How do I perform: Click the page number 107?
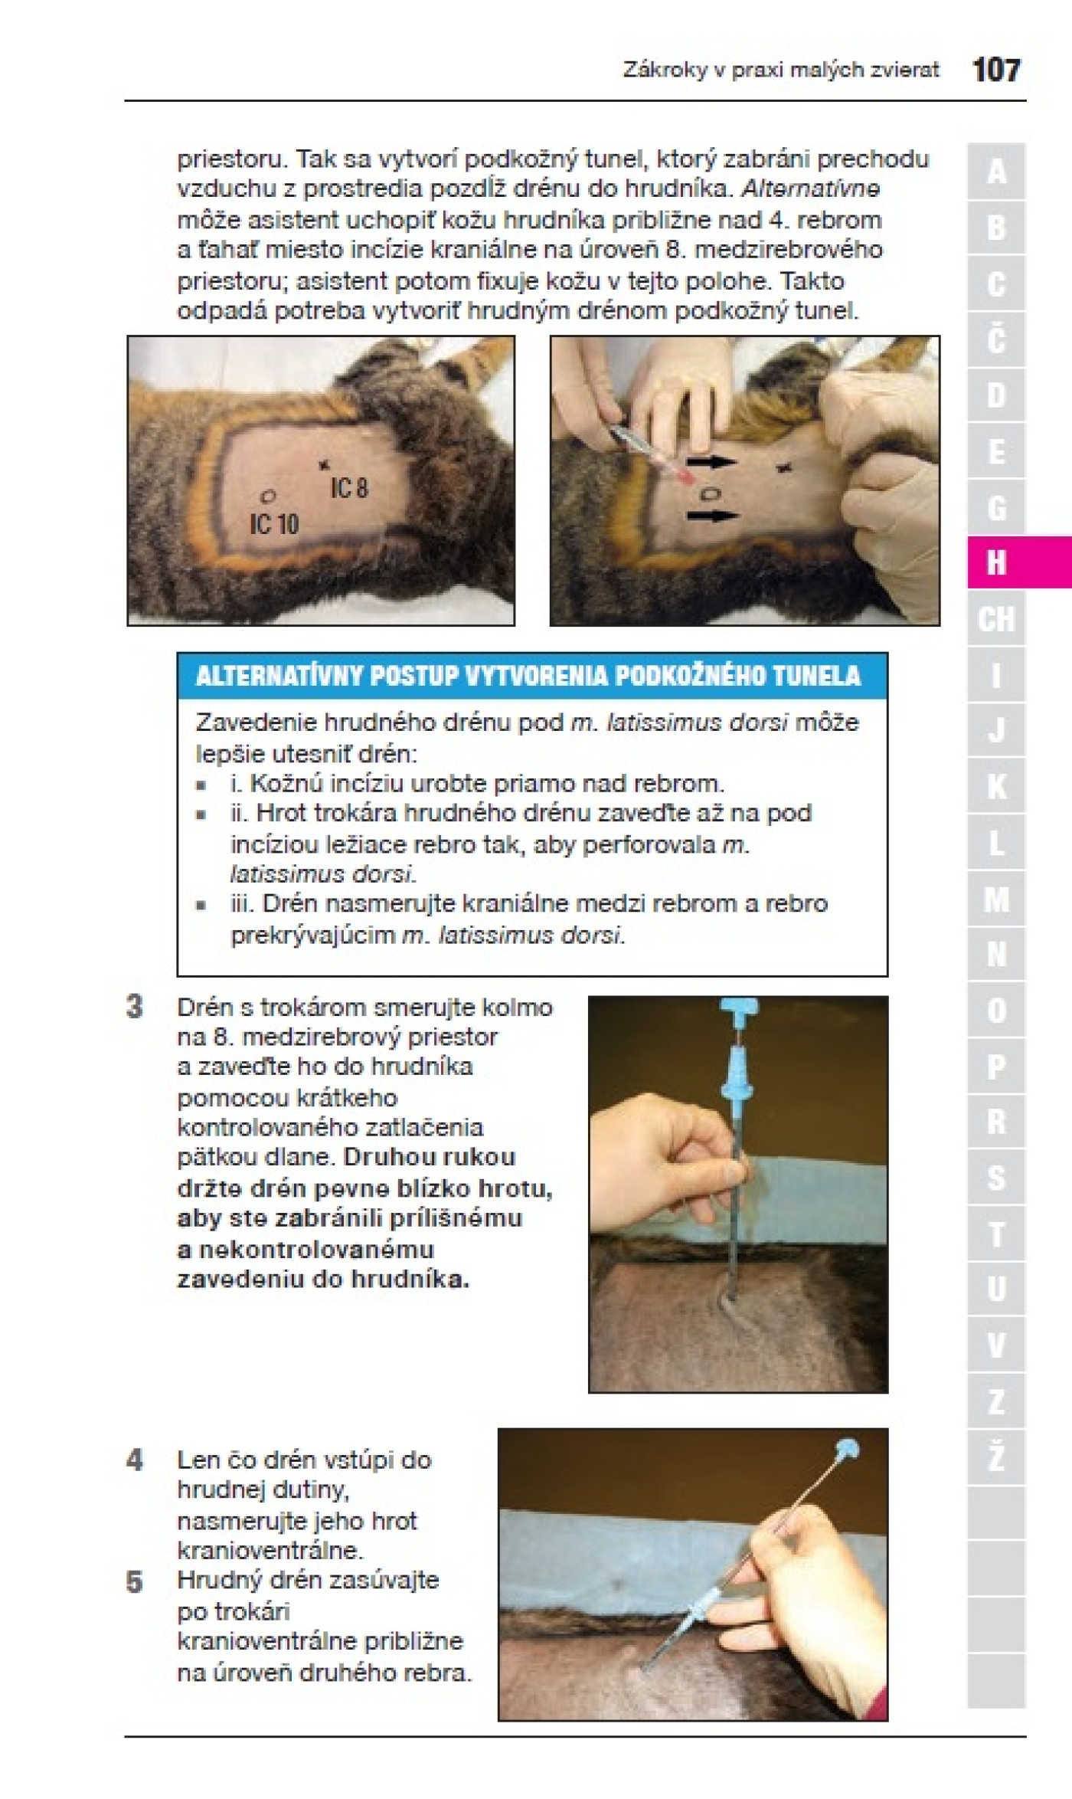(x=996, y=70)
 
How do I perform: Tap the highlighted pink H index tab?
(x=1019, y=562)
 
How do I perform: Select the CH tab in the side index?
(x=995, y=618)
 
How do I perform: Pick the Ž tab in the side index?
(x=995, y=1457)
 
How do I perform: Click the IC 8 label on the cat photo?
(x=349, y=487)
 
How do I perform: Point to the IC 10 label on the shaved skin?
(x=274, y=524)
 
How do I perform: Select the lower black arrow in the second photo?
(x=711, y=516)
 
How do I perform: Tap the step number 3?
(x=135, y=1007)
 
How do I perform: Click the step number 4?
(x=135, y=1460)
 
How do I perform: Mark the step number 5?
(x=135, y=1581)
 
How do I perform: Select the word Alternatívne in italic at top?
(x=811, y=188)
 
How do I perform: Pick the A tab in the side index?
(x=995, y=171)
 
